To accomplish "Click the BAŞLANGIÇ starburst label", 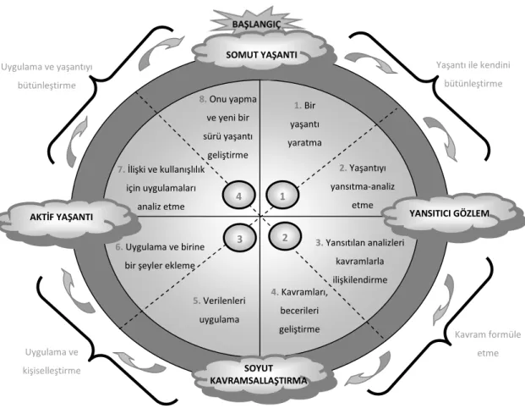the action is pos(256,24).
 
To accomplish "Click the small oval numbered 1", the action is pos(282,196).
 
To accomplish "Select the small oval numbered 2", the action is pos(285,237).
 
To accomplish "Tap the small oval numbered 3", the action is pos(240,238).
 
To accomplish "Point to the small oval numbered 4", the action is pos(239,196).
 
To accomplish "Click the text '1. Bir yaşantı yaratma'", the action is pos(304,124).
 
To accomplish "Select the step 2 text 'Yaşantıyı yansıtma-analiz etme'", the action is pos(363,186).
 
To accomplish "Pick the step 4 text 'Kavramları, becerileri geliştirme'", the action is pos(299,311).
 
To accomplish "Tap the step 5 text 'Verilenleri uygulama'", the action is pos(219,310).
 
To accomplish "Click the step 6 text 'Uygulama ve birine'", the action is pos(160,247).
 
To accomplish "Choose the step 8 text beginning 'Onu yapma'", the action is pos(227,128).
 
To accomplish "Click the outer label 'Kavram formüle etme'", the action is pos(488,344).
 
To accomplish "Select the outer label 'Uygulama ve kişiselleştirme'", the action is pos(52,361).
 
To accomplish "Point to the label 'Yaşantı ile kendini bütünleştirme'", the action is pos(473,74).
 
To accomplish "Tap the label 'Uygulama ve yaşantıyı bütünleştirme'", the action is pos(46,76).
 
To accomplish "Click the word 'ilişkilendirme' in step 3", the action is pos(360,279).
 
